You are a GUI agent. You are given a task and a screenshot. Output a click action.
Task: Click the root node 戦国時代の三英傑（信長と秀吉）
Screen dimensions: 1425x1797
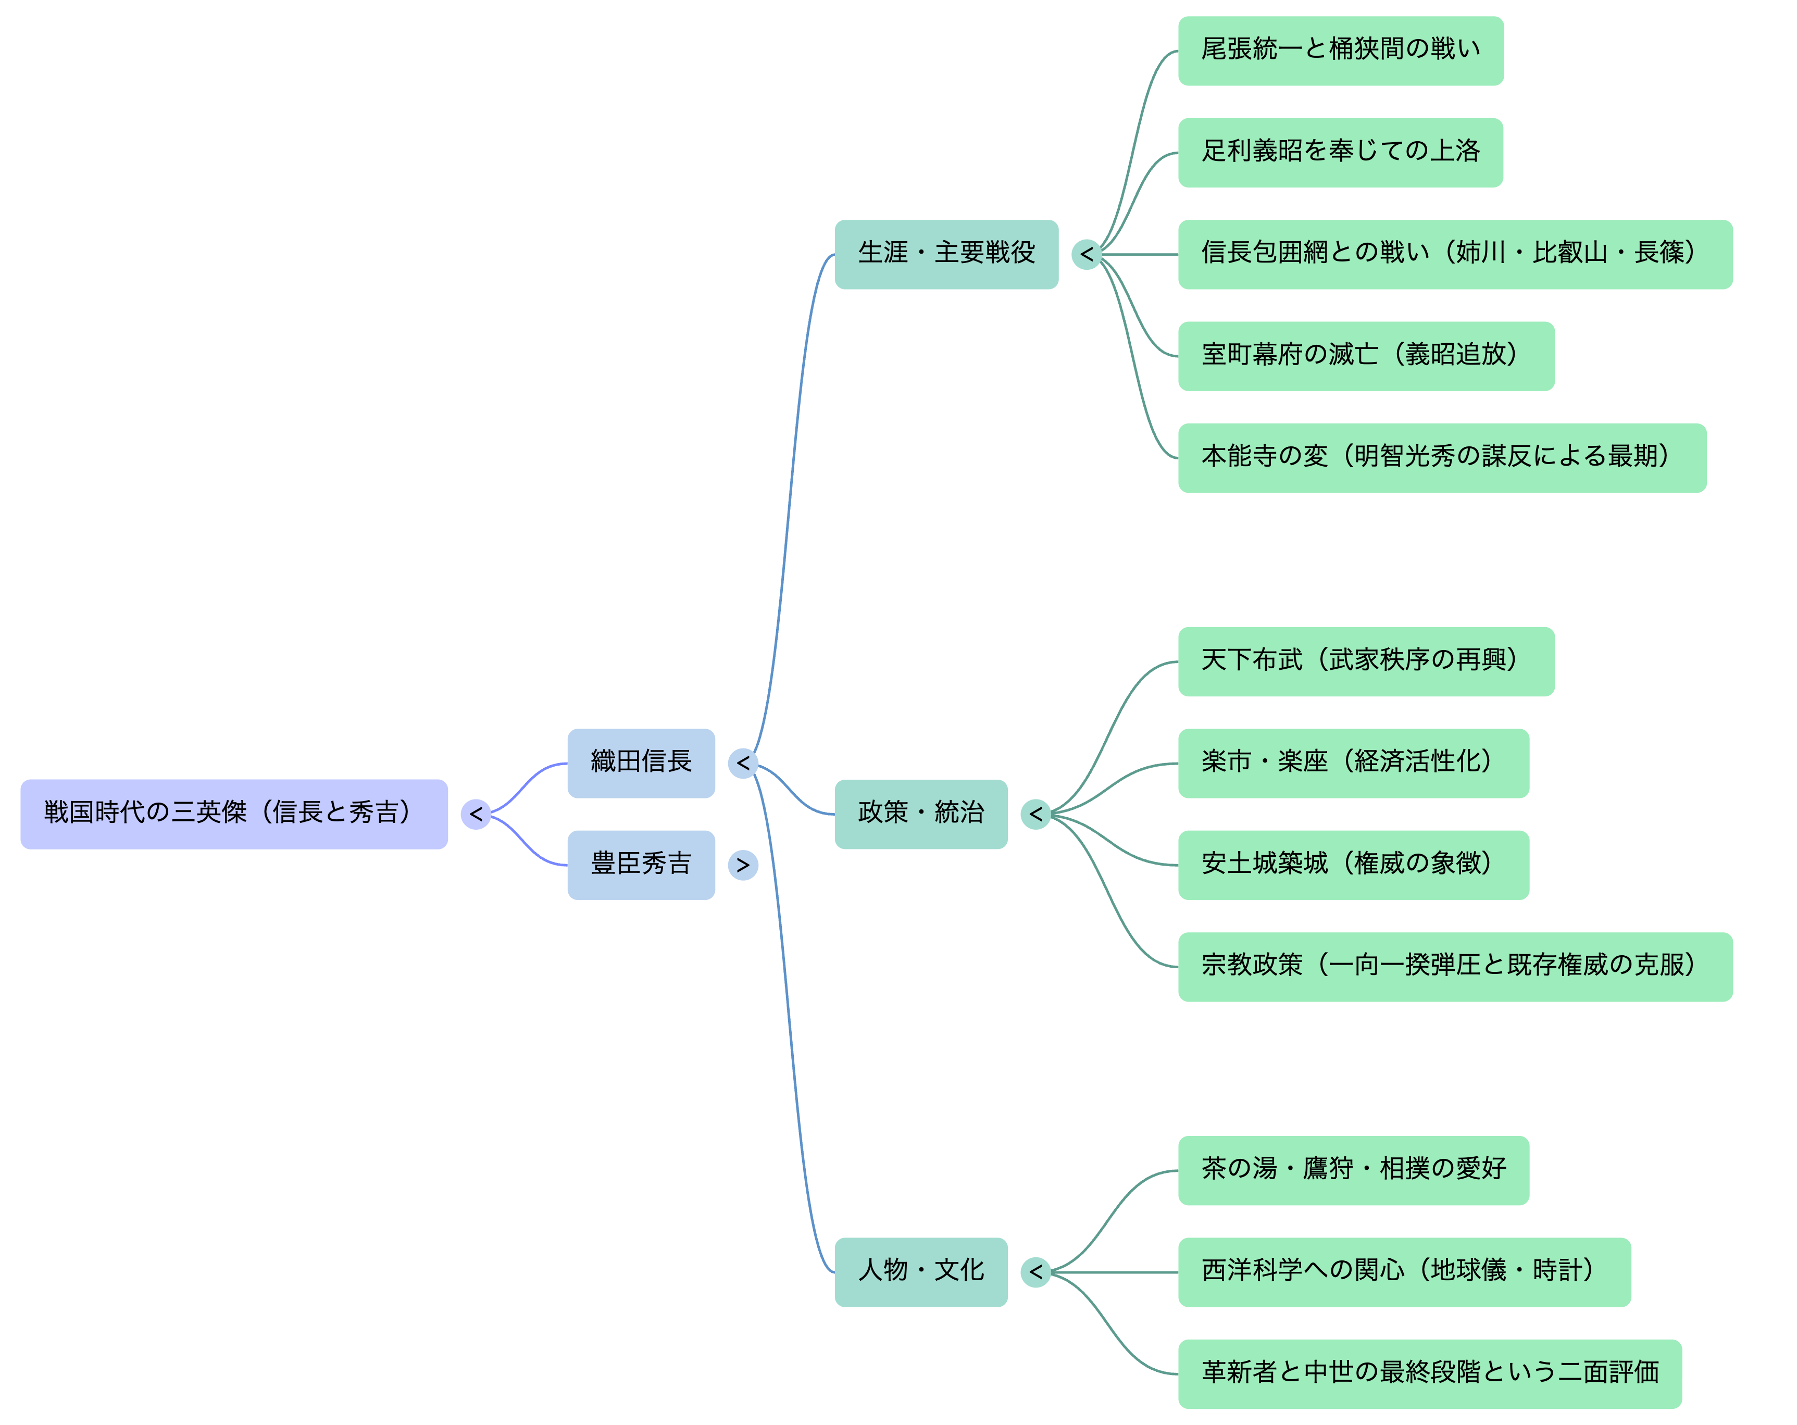pyautogui.click(x=233, y=814)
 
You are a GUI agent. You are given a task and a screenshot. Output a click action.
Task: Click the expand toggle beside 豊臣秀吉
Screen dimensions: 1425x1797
pyautogui.click(x=743, y=865)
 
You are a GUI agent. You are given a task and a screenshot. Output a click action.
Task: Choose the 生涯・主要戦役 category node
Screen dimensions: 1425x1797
pyautogui.click(x=946, y=254)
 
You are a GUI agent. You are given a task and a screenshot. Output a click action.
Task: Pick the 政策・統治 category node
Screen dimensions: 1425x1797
pyautogui.click(x=920, y=814)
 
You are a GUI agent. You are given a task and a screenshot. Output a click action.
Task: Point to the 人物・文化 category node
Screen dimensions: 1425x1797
pyautogui.click(x=920, y=1272)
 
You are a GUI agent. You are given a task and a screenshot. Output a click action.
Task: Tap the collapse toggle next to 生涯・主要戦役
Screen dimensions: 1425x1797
pyautogui.click(x=1086, y=254)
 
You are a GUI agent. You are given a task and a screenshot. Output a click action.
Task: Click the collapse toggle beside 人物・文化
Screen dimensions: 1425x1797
pyautogui.click(x=1035, y=1272)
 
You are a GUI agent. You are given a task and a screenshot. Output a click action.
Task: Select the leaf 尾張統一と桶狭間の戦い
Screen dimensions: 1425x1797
pyautogui.click(x=1340, y=51)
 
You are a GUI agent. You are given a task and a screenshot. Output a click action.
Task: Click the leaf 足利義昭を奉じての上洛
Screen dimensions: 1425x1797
pyautogui.click(x=1340, y=153)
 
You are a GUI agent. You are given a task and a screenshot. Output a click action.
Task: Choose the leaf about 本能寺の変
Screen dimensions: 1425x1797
pyautogui.click(x=1442, y=457)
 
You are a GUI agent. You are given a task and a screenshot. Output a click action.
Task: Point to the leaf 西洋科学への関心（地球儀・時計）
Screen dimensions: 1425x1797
pyautogui.click(x=1404, y=1272)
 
